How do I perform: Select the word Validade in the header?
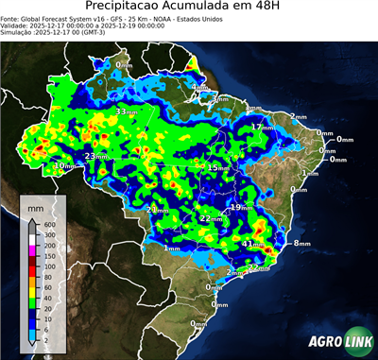(15, 26)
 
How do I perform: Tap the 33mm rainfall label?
(125, 111)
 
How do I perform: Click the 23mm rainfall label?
(94, 156)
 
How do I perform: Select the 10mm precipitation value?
(62, 166)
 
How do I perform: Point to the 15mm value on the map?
(217, 167)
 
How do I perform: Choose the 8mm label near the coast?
(301, 244)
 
